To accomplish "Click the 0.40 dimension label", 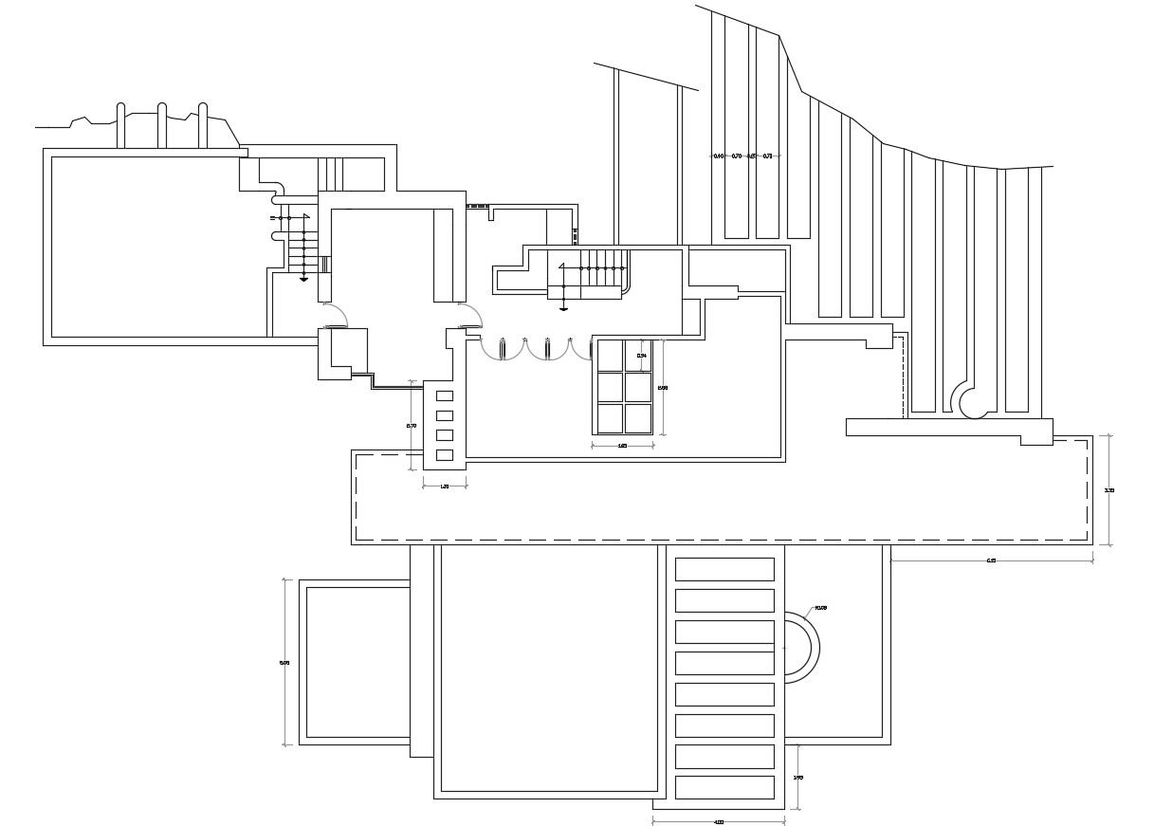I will point(718,156).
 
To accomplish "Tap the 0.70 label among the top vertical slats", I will point(737,156).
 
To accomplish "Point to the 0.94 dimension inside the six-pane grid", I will point(642,356).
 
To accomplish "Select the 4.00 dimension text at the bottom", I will point(719,821).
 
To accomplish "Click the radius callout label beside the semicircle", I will point(821,608).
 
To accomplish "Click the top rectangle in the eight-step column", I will point(724,569).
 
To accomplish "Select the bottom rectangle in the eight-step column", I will point(724,787).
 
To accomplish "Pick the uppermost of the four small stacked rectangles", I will point(444,395).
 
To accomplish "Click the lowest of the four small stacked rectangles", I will point(444,455).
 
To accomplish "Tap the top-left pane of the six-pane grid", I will point(610,356).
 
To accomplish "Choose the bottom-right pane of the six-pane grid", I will point(638,418).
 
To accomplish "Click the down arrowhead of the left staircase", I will point(303,280).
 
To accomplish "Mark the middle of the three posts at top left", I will point(162,125).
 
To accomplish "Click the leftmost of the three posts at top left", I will point(120,125).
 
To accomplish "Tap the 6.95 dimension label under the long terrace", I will point(991,560).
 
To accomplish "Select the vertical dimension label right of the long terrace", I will point(1109,490).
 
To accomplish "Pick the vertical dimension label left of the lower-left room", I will point(284,663).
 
